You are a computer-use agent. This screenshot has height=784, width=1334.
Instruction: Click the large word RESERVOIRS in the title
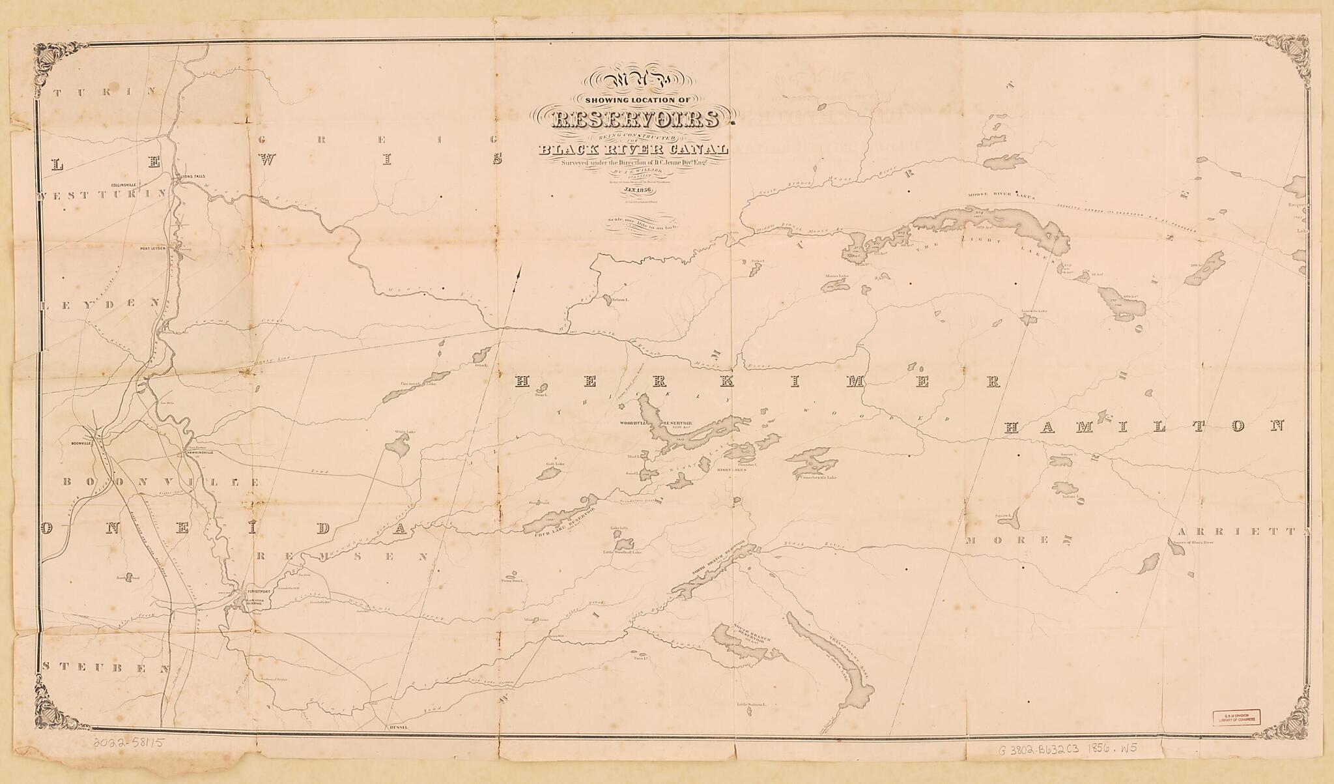pos(636,120)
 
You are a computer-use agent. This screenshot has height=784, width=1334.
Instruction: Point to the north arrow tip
pos(520,268)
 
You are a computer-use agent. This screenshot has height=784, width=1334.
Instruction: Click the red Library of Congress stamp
pos(1236,717)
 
